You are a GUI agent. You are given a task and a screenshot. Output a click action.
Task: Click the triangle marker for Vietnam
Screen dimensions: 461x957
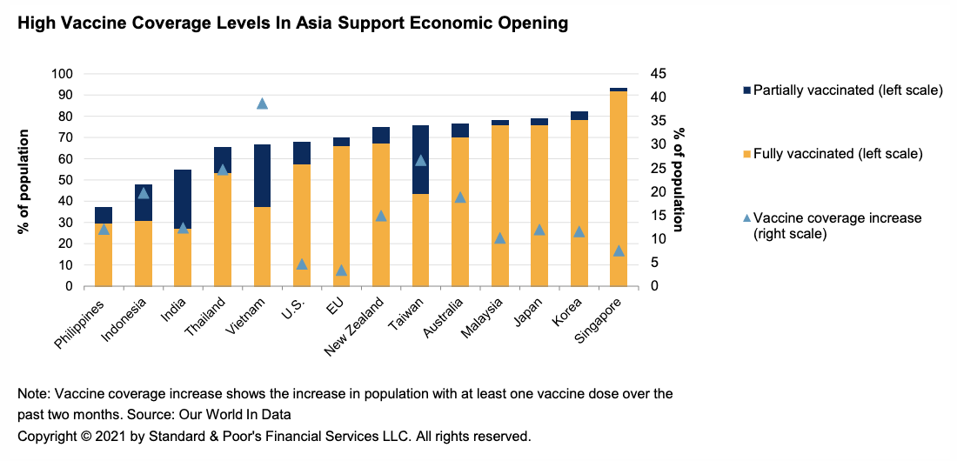click(x=262, y=104)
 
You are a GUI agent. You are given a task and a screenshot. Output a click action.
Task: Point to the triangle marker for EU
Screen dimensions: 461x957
click(x=341, y=271)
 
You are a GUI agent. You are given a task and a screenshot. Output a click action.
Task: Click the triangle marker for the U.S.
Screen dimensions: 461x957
click(x=302, y=264)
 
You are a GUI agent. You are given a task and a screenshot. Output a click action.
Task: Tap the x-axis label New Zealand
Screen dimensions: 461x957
click(x=354, y=330)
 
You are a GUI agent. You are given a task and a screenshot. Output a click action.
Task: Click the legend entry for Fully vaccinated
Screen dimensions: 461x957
click(x=837, y=153)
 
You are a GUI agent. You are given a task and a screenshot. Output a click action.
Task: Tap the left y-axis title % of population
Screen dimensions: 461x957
click(x=23, y=181)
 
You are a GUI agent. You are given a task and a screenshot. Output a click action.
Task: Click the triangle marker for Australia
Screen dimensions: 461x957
click(x=460, y=197)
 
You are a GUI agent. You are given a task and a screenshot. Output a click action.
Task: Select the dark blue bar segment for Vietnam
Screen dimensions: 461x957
click(x=262, y=176)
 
